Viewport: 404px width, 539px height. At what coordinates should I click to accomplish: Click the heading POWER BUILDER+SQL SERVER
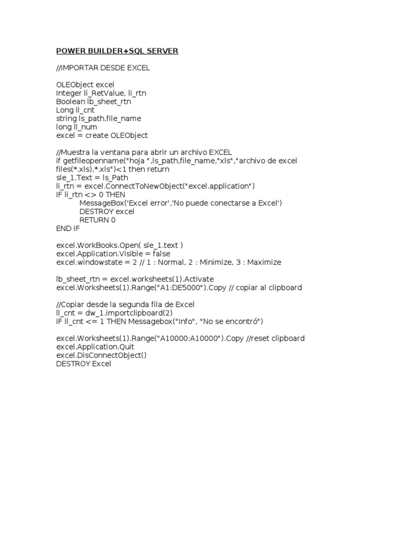(117, 51)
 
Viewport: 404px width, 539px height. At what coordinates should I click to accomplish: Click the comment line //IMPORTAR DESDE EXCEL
(103, 68)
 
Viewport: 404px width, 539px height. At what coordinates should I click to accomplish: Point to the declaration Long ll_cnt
(75, 110)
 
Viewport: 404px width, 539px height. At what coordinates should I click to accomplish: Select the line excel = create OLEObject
(102, 135)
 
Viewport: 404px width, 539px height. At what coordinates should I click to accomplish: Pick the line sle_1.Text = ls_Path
(92, 177)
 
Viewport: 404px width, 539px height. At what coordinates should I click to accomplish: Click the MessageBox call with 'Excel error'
(180, 203)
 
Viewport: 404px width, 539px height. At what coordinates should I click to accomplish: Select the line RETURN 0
(97, 220)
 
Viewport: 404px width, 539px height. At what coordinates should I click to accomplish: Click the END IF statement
(68, 228)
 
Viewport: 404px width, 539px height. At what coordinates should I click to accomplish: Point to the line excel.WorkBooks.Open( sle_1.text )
(119, 245)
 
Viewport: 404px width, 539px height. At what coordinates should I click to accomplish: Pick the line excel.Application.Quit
(95, 347)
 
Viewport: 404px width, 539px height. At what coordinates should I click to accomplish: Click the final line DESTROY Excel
(84, 364)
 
